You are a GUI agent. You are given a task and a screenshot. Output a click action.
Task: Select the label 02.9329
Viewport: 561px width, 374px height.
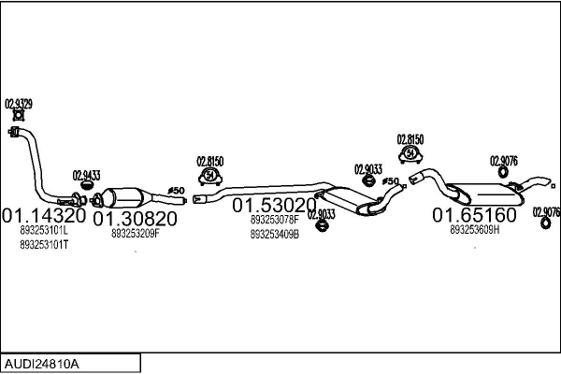pos(19,104)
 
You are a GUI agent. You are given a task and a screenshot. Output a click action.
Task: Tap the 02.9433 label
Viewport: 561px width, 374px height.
pos(86,175)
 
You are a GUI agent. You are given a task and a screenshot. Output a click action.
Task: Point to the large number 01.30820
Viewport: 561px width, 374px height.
pos(135,219)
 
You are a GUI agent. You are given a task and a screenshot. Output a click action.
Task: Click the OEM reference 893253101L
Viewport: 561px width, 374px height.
pos(44,230)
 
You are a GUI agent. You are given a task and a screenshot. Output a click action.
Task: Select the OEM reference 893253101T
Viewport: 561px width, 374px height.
pos(44,244)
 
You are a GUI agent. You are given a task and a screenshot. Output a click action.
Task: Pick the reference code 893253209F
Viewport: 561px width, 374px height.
pos(136,234)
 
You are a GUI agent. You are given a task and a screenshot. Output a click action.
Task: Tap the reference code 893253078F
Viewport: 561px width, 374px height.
pos(275,220)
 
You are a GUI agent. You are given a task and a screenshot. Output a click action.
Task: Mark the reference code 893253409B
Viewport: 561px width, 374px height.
pos(275,235)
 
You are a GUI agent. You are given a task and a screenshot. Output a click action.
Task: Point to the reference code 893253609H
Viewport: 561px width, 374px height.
pos(475,230)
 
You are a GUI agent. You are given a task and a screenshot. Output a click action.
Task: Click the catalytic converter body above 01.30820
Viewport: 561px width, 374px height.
pos(127,198)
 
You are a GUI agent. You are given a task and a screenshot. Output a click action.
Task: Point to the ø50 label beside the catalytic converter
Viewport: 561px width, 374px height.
pos(176,192)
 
